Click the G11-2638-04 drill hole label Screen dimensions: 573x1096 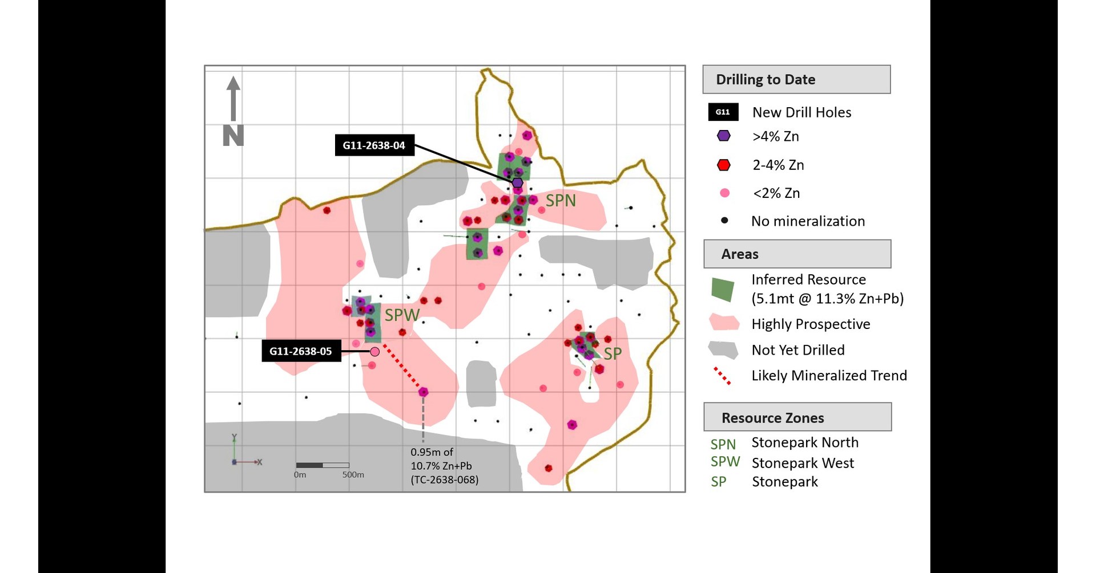[x=374, y=145]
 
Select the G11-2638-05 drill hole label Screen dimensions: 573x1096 [x=301, y=351]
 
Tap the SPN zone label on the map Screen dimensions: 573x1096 [x=561, y=201]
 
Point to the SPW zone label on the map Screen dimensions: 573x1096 [x=402, y=315]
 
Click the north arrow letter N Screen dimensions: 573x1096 [x=233, y=136]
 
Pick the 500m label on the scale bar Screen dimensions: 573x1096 [x=353, y=475]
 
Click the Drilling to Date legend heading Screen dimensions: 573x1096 [x=765, y=80]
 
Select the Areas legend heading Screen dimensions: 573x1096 [x=740, y=254]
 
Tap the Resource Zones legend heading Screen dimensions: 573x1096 [x=772, y=418]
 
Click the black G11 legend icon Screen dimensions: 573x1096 [x=723, y=112]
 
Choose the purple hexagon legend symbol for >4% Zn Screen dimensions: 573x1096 [x=724, y=136]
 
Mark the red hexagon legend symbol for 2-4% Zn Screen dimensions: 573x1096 [x=724, y=165]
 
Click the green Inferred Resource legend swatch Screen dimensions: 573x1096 [x=723, y=290]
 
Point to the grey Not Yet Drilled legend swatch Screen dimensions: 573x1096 [x=723, y=350]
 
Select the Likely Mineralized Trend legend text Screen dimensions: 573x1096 [x=829, y=376]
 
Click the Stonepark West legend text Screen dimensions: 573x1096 [x=803, y=463]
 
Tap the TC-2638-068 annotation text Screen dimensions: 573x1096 [x=444, y=479]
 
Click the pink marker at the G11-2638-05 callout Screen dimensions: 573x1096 [x=374, y=352]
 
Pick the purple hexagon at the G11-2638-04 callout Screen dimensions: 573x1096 [x=517, y=182]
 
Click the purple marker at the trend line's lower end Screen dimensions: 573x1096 [x=423, y=392]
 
